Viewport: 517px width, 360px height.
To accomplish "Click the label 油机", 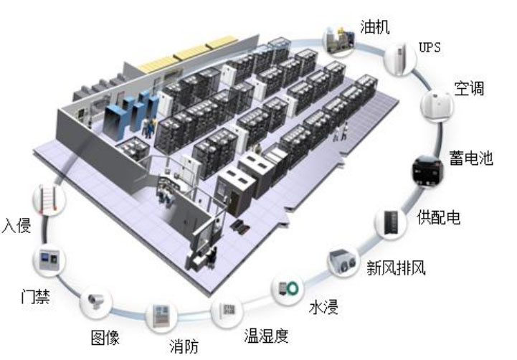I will [375, 28].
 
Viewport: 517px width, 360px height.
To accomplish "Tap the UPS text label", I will [430, 48].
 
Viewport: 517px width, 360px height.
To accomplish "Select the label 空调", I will [468, 89].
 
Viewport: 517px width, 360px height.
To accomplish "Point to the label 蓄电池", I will [471, 158].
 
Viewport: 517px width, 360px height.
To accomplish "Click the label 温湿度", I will [267, 334].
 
